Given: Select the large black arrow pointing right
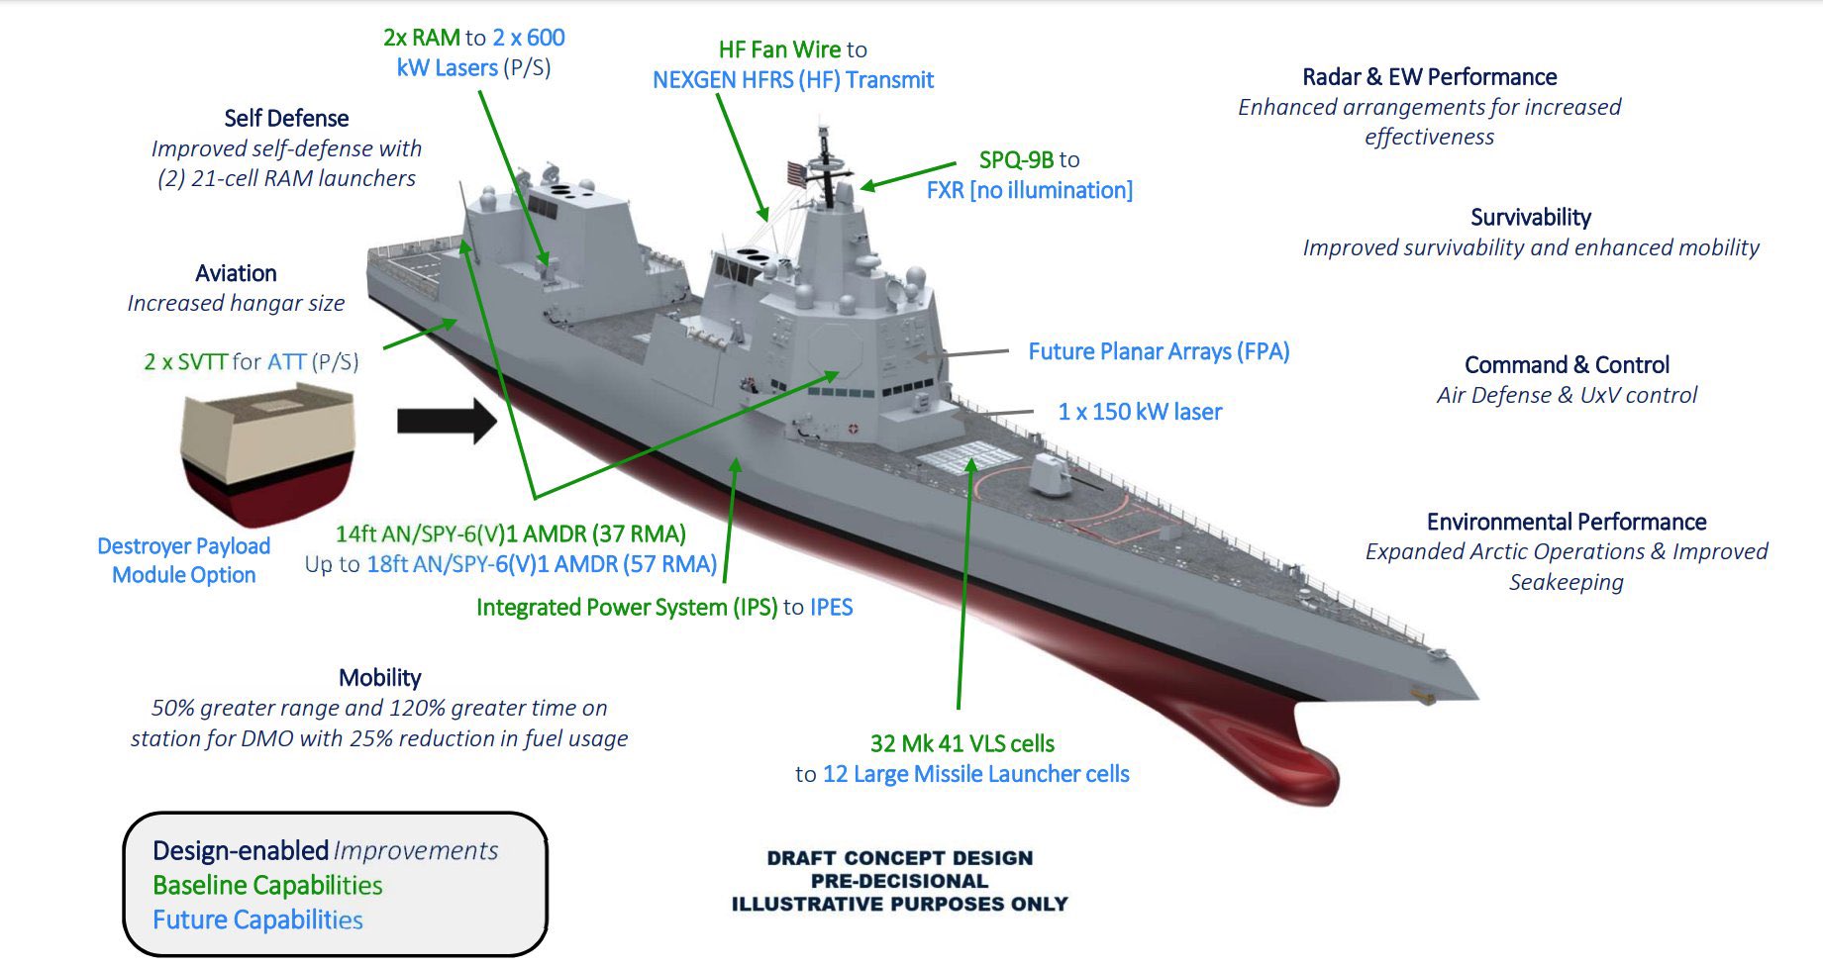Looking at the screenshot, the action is coord(447,421).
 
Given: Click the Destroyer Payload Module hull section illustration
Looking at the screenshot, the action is coord(267,453).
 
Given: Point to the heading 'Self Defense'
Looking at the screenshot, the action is coord(286,119).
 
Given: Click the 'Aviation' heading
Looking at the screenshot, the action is coord(236,273).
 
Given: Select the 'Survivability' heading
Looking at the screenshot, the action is coord(1531,218).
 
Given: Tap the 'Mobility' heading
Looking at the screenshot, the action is coord(380,678).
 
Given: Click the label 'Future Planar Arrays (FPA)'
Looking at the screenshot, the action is coord(1159,351).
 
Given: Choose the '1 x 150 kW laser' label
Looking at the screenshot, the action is coord(1140,412).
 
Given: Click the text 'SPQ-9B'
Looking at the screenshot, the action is coord(1016,159).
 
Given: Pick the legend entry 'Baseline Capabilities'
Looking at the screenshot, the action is coord(267,885).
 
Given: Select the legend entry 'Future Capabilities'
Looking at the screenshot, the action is coord(257,920).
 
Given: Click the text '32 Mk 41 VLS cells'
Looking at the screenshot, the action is coord(962,743).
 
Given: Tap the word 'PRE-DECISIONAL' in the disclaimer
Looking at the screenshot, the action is coord(899,881).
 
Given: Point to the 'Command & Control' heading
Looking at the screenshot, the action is coord(1567,365).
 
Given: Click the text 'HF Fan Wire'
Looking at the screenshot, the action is coord(779,49).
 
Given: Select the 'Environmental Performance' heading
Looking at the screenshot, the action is coord(1567,522).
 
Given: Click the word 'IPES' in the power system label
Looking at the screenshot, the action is coord(831,608).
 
